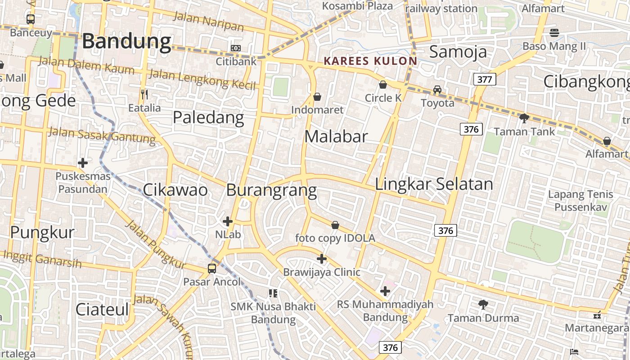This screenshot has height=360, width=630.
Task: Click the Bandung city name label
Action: coord(126,41)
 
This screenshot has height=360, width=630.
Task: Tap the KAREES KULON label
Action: coord(370,61)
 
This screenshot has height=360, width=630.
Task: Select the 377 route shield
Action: coord(485,80)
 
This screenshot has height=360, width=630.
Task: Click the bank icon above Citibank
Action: coord(236,48)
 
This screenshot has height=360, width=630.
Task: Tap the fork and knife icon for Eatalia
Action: coord(144,94)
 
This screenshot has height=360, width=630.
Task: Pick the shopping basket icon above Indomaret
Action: coord(317,97)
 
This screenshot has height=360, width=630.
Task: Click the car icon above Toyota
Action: coord(437,89)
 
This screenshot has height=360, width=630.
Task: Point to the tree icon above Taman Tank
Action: coord(524,118)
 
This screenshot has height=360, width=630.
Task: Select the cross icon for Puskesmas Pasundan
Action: coord(83,163)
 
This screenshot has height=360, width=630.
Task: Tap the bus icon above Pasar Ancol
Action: coord(212,269)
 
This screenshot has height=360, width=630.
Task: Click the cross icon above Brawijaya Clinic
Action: coord(322,259)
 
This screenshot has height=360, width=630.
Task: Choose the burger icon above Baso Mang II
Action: coord(554,32)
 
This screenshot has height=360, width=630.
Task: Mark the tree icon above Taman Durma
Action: coord(483,305)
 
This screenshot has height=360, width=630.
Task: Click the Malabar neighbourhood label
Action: coord(336,136)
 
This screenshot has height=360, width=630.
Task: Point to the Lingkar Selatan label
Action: coord(434,184)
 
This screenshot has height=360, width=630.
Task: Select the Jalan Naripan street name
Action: coord(208,22)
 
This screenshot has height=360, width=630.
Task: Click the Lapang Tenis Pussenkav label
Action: coord(580,201)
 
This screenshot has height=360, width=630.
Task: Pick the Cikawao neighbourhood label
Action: coord(175,190)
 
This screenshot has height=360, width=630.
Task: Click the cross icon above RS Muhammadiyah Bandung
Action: coord(385,291)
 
